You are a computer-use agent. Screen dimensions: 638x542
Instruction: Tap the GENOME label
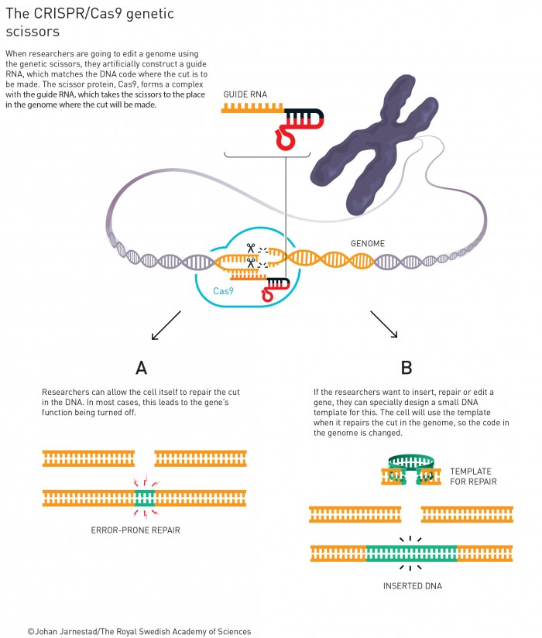pyautogui.click(x=368, y=242)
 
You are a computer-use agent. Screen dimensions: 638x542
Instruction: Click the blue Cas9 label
pyautogui.click(x=223, y=291)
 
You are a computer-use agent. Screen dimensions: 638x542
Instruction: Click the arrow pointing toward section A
pyautogui.click(x=166, y=325)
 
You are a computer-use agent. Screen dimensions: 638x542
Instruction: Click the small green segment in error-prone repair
pyautogui.click(x=145, y=497)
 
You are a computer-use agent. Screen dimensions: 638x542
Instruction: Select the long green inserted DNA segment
pyautogui.click(x=411, y=554)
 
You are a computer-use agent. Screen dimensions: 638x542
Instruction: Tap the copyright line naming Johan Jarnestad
pyautogui.click(x=139, y=631)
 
